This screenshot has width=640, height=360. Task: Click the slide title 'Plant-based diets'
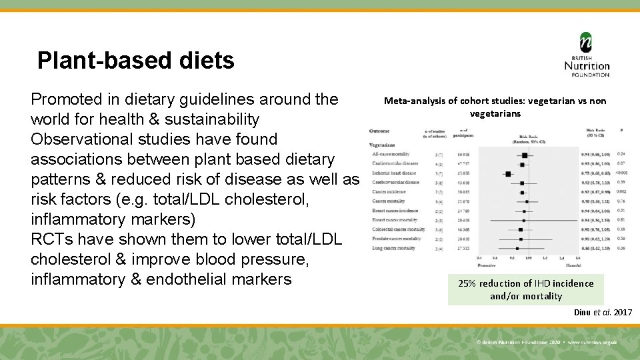pyautogui.click(x=136, y=61)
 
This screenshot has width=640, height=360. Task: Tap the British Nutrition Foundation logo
pyautogui.click(x=586, y=55)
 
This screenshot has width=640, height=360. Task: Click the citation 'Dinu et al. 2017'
pyautogui.click(x=603, y=312)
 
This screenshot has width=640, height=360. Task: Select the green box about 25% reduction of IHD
pyautogui.click(x=525, y=289)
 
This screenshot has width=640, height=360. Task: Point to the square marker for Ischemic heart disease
pyautogui.click(x=509, y=173)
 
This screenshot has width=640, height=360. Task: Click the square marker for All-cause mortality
pyautogui.click(x=525, y=155)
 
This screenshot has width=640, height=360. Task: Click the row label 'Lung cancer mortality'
pyautogui.click(x=393, y=248)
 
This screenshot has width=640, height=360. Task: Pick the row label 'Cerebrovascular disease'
pyautogui.click(x=396, y=182)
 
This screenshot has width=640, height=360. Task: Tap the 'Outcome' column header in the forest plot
pyautogui.click(x=379, y=131)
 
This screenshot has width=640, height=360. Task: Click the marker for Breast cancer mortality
pyautogui.click(x=523, y=220)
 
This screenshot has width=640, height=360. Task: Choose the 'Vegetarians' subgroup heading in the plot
pyautogui.click(x=382, y=144)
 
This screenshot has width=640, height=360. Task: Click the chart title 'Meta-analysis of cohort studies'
pyautogui.click(x=495, y=101)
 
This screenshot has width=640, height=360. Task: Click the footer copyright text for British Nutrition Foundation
pyautogui.click(x=546, y=342)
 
